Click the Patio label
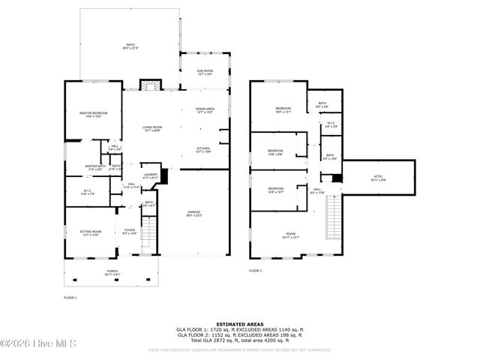[x=129, y=46]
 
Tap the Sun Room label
[x=205, y=72]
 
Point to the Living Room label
[x=152, y=129]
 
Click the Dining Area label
[x=205, y=110]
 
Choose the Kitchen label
[x=204, y=149]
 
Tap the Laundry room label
[x=151, y=175]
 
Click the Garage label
[x=193, y=213]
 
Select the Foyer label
[x=129, y=232]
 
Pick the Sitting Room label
[x=90, y=233]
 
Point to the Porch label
[x=111, y=272]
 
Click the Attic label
[x=377, y=178]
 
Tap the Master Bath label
[x=94, y=167]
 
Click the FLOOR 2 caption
[x=256, y=270]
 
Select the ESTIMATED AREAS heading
[x=239, y=324]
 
